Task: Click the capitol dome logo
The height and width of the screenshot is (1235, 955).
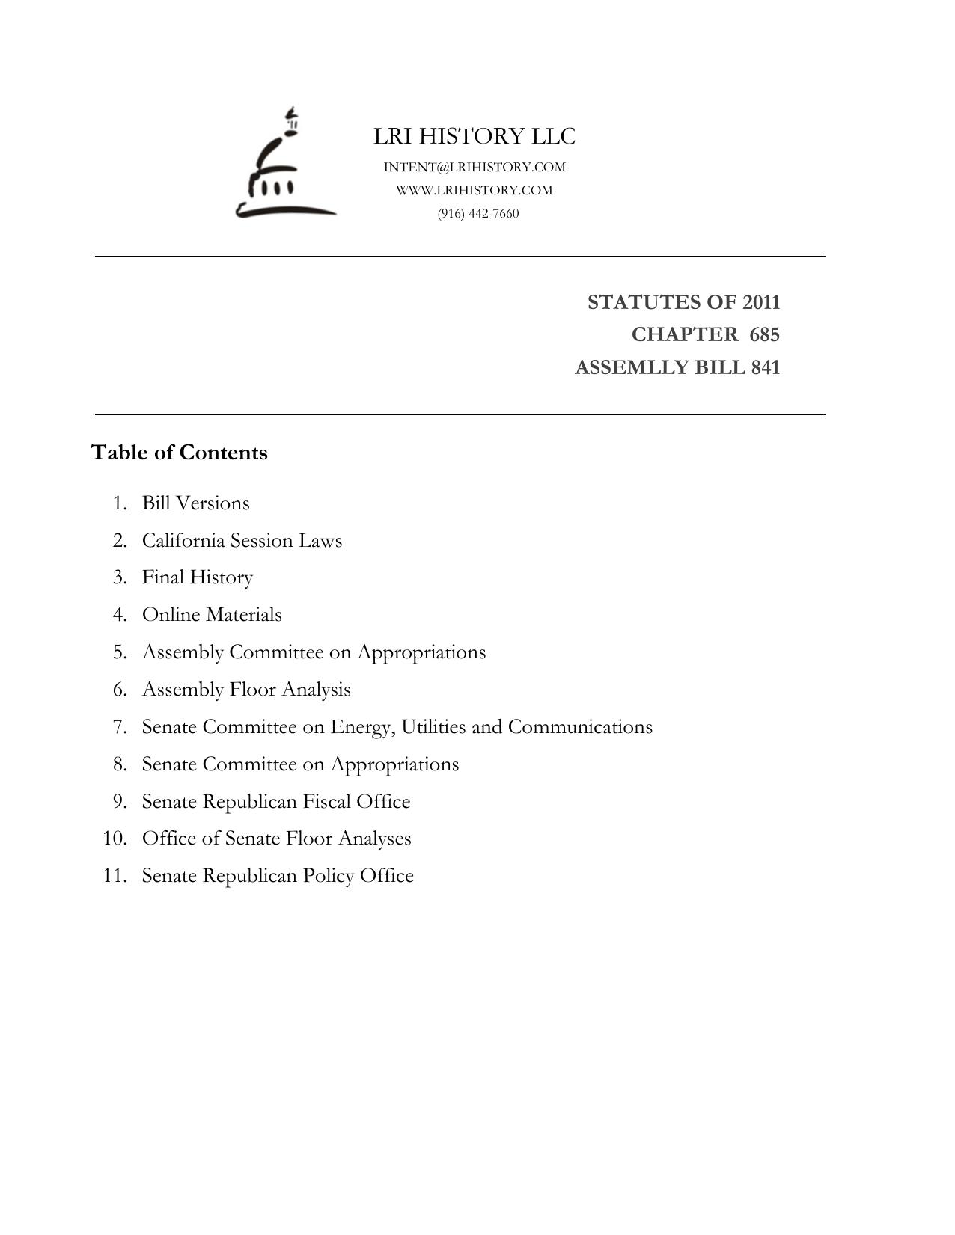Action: (284, 166)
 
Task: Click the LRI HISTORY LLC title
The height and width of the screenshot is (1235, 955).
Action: (475, 136)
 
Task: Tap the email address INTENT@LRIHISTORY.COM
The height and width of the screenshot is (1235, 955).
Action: (475, 167)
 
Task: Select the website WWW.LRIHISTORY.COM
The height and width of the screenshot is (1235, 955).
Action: (475, 190)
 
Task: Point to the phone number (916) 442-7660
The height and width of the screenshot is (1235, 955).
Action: (478, 213)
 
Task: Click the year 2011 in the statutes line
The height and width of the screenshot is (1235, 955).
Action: (761, 302)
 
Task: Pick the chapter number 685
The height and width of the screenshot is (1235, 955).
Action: (764, 334)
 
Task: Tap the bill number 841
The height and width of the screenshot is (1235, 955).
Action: (765, 367)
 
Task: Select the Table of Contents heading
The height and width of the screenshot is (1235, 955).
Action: (180, 453)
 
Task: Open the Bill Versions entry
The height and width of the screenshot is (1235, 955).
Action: (196, 503)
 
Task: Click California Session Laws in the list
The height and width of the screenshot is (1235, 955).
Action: (242, 540)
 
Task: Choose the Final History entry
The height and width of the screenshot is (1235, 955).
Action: (198, 577)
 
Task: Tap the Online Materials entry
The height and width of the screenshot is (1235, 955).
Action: (212, 615)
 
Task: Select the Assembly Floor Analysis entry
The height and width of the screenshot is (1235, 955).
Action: (246, 690)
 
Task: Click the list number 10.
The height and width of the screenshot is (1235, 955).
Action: (115, 839)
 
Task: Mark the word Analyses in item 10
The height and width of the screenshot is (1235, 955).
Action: (374, 839)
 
